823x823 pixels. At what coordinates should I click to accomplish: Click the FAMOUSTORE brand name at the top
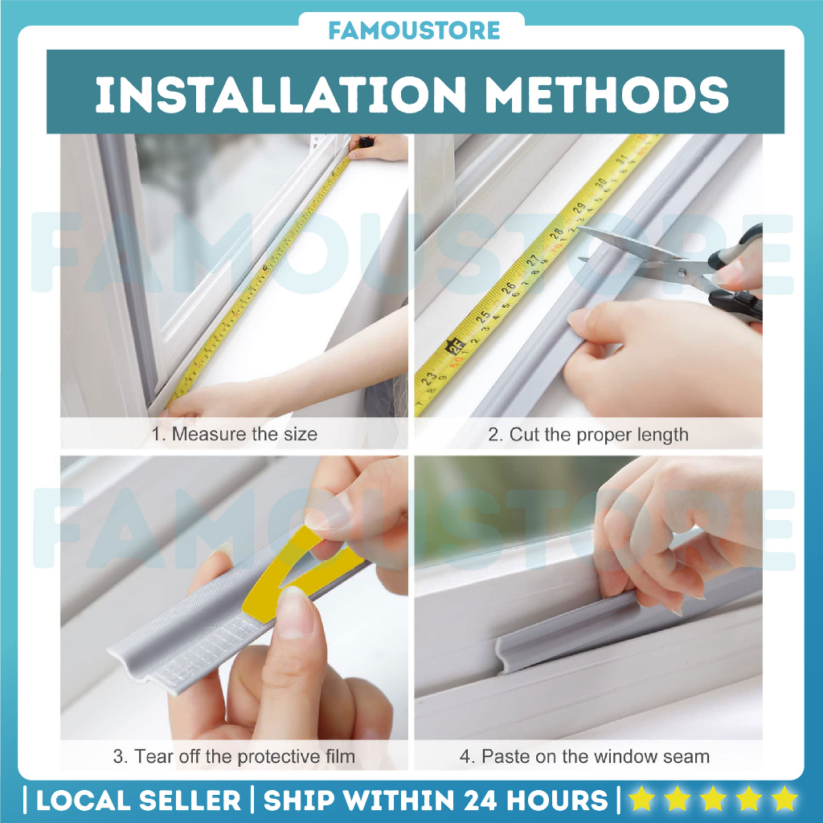pos(414,31)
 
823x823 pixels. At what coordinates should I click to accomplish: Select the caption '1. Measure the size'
pos(235,435)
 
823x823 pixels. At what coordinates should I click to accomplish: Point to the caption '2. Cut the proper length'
pos(588,435)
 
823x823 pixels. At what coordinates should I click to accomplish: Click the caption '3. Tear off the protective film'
pos(234,756)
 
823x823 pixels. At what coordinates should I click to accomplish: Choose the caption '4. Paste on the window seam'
pos(584,756)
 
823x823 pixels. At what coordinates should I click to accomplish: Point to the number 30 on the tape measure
pos(600,185)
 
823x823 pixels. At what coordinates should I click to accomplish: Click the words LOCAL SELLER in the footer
pos(138,800)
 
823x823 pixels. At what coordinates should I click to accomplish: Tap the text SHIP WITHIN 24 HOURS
pos(436,800)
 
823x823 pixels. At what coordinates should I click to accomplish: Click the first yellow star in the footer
pos(641,800)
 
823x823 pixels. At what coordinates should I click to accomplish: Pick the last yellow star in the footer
pos(783,800)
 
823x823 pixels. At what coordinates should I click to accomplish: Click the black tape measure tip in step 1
pos(363,142)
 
